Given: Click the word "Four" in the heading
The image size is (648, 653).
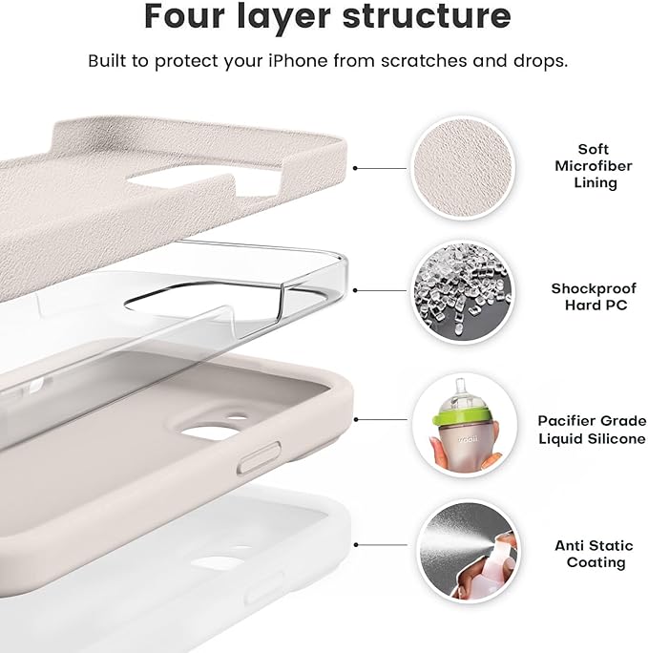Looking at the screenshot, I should pyautogui.click(x=186, y=16).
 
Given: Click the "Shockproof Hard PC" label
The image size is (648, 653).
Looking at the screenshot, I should pyautogui.click(x=594, y=296).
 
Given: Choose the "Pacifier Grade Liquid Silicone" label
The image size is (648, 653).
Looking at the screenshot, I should pyautogui.click(x=592, y=428).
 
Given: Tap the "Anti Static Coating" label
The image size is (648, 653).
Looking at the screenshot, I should pyautogui.click(x=594, y=554).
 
